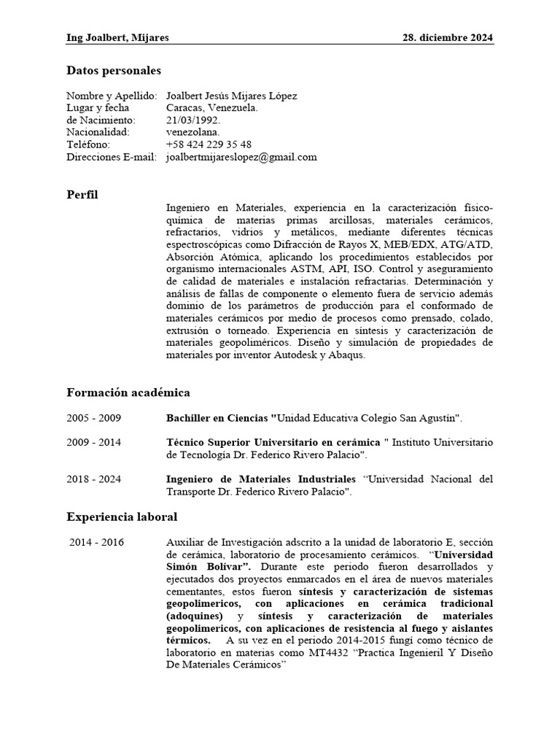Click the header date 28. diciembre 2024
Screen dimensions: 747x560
click(448, 37)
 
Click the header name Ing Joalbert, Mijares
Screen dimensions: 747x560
click(117, 37)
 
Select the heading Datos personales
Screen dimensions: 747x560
click(114, 71)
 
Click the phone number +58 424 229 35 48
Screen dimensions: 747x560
click(209, 144)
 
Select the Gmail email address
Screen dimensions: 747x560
click(241, 157)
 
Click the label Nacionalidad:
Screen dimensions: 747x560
click(98, 132)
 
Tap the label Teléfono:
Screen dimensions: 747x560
click(88, 144)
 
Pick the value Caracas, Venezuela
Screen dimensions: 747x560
click(211, 108)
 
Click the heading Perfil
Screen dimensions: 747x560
click(82, 195)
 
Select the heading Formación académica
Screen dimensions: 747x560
click(128, 393)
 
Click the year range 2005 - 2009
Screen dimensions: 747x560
click(94, 418)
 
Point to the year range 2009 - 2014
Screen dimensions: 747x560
click(94, 442)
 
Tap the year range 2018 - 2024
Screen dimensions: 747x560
click(94, 479)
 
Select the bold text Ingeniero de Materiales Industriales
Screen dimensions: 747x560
click(262, 479)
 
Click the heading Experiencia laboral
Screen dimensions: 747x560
click(122, 516)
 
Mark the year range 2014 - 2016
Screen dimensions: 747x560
click(96, 542)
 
